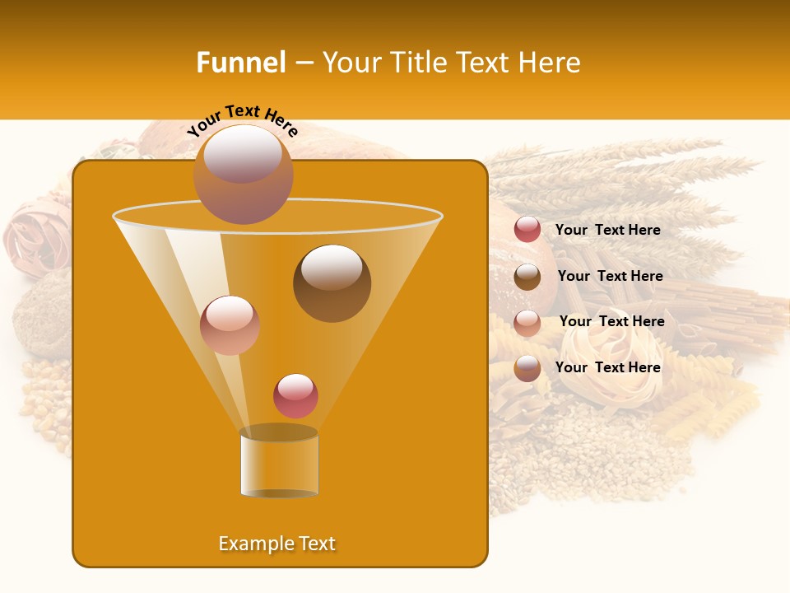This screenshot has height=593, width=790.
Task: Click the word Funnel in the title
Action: (x=240, y=63)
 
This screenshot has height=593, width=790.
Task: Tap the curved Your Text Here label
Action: (x=242, y=120)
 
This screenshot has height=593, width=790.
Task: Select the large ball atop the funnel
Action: (x=243, y=174)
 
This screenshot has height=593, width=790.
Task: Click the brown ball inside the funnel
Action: (x=332, y=282)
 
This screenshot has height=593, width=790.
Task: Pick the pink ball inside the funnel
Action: (x=230, y=325)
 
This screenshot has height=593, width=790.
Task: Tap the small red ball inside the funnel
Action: (x=295, y=395)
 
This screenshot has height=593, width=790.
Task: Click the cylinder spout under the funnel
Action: (x=279, y=462)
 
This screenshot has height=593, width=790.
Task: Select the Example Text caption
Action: (x=276, y=544)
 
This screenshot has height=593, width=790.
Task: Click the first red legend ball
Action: (x=527, y=230)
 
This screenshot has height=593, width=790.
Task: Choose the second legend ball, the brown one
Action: (x=527, y=277)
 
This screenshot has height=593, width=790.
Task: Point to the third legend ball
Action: (x=527, y=323)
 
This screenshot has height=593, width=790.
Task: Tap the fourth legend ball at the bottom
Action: (x=527, y=368)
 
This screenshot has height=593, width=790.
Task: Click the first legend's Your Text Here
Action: (x=607, y=230)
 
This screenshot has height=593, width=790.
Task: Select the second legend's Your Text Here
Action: (x=610, y=276)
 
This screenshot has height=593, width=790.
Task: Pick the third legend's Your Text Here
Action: (x=611, y=321)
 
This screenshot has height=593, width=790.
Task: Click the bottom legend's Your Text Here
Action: (x=607, y=367)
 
